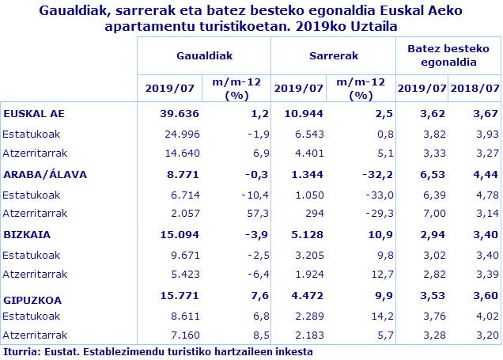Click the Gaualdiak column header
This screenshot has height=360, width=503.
204,55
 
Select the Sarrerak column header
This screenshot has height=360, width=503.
333,55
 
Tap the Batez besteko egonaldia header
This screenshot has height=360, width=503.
448,55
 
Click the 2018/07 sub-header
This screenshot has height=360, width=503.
474,88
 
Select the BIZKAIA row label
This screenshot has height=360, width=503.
28,235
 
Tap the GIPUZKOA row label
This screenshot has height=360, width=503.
32,300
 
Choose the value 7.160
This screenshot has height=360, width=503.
183,335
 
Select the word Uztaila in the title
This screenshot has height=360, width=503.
369,27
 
